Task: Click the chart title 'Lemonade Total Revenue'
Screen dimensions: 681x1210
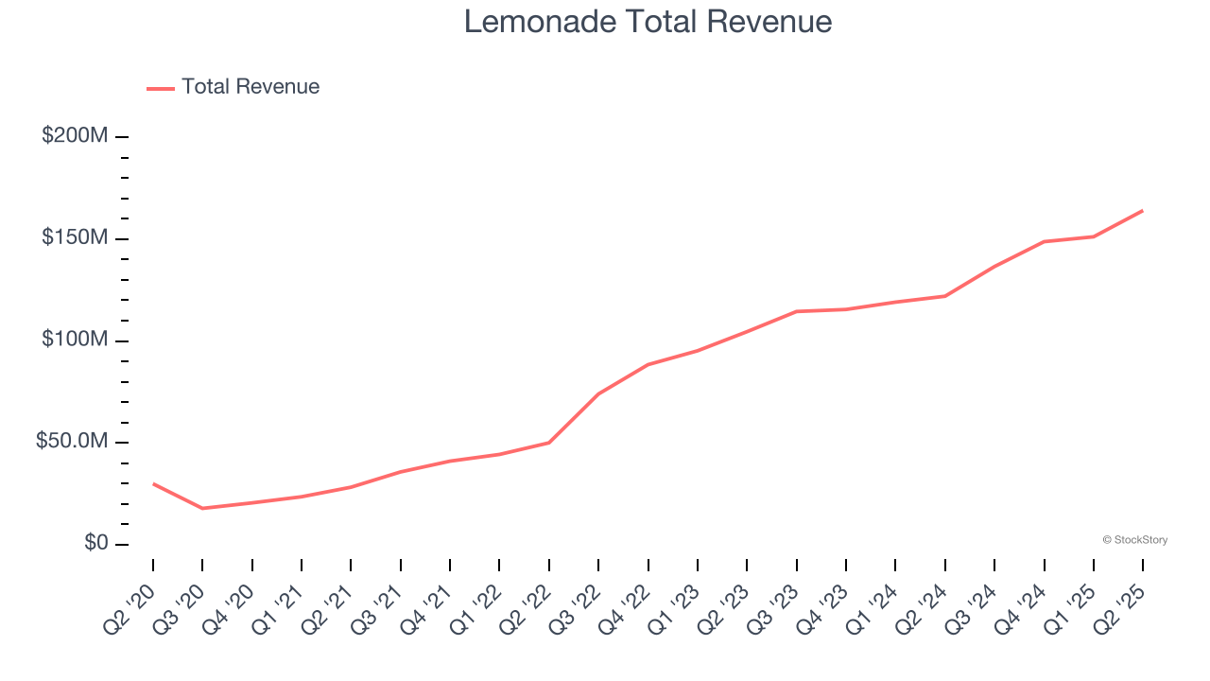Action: [648, 22]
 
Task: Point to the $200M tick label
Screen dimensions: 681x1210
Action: [75, 136]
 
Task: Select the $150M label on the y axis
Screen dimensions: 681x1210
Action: [75, 237]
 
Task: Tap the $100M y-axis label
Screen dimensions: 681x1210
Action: [75, 340]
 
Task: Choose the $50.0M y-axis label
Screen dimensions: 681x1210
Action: [72, 442]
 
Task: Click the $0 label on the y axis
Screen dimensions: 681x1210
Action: [95, 543]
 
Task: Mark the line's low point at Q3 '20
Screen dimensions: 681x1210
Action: [202, 508]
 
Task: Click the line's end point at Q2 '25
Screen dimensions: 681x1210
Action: [1142, 211]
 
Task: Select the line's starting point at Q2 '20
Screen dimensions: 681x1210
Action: [153, 483]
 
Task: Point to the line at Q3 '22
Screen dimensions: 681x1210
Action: [598, 393]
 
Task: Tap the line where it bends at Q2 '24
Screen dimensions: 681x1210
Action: [944, 296]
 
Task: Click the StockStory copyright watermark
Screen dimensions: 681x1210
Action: [1134, 540]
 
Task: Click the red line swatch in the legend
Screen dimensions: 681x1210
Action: [161, 88]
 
